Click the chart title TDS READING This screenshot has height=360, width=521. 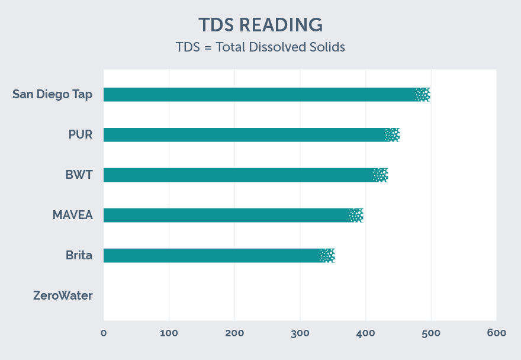pyautogui.click(x=260, y=25)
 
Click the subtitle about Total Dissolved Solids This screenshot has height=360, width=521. pyautogui.click(x=260, y=47)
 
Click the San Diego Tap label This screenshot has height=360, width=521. pyautogui.click(x=52, y=94)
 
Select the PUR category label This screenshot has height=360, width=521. pyautogui.click(x=81, y=134)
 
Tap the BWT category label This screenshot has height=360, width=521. pyautogui.click(x=79, y=175)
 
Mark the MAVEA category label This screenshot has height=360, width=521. pyautogui.click(x=73, y=215)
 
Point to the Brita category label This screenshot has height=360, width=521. pyautogui.click(x=79, y=255)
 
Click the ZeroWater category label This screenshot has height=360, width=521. pyautogui.click(x=63, y=295)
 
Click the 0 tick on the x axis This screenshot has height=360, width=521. pyautogui.click(x=104, y=333)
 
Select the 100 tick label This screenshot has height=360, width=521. pyautogui.click(x=169, y=333)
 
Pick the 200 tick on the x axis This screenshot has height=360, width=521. pyautogui.click(x=234, y=333)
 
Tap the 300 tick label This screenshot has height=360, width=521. pyautogui.click(x=300, y=333)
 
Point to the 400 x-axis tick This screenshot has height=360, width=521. pyautogui.click(x=365, y=333)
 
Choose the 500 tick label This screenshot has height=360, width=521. pyautogui.click(x=431, y=333)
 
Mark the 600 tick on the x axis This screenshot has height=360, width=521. pyautogui.click(x=496, y=333)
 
